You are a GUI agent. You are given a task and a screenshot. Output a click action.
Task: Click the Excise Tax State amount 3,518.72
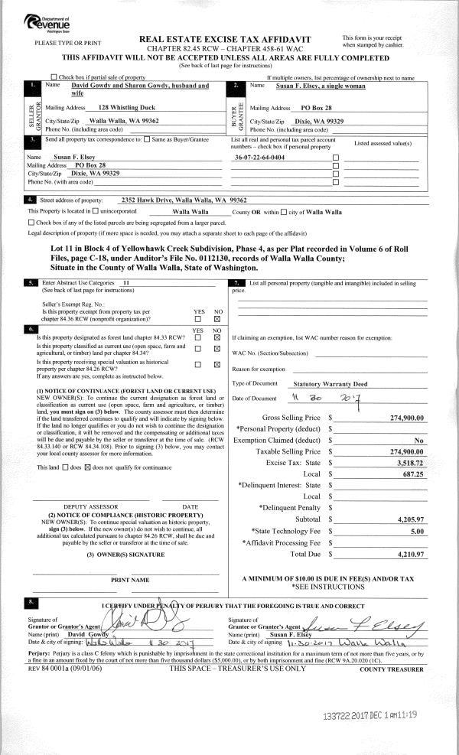(x=411, y=463)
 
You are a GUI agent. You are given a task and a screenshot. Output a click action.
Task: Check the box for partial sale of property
(x=74, y=78)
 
